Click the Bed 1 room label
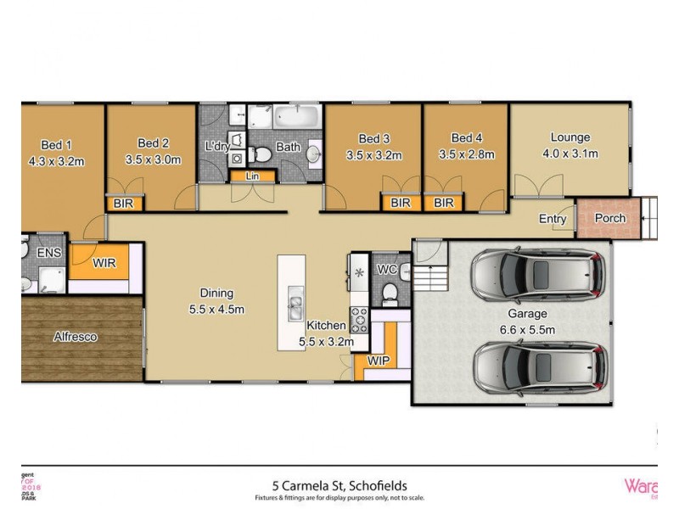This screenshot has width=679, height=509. (56, 143)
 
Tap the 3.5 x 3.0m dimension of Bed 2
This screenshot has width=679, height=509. (153, 159)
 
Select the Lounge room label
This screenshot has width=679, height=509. (570, 137)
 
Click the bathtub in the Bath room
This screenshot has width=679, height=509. (296, 116)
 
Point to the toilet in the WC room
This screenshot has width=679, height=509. (390, 293)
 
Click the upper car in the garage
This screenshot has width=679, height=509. (538, 274)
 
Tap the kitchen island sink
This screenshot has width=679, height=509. (295, 299)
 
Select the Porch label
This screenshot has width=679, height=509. (609, 218)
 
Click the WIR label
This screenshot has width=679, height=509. (104, 263)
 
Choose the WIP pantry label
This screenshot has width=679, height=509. (378, 360)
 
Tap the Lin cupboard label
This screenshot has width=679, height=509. (252, 176)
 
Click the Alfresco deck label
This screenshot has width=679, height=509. (75, 337)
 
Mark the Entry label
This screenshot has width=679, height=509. (553, 219)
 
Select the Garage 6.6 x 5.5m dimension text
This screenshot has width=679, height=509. (527, 329)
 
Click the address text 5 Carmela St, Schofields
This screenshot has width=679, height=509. (339, 486)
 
